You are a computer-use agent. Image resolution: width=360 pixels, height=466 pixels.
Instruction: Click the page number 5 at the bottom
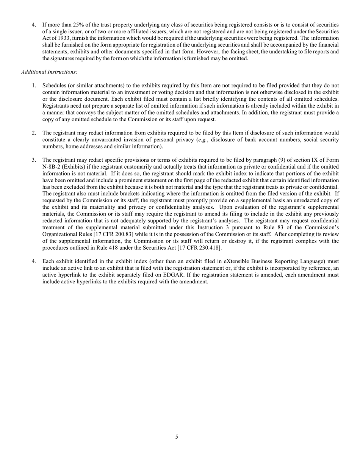pos(177,437)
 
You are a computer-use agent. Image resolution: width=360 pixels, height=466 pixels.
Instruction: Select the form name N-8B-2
pos(52,167)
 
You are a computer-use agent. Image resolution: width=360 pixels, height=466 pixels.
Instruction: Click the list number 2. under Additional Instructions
pos(34,133)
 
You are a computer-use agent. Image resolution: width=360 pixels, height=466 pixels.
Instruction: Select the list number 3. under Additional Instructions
pos(34,160)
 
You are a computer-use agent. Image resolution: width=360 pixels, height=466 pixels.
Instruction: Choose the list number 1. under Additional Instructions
pos(34,86)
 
